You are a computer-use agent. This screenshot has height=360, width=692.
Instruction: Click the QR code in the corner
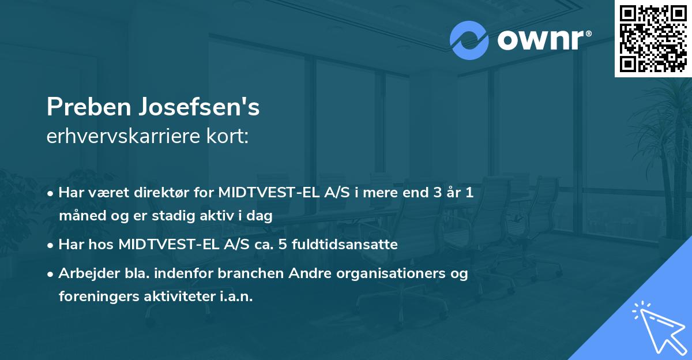pos(653,38)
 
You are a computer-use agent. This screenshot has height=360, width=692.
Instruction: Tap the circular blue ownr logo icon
pos(469,40)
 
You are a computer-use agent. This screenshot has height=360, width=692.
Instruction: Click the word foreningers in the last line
pos(93,297)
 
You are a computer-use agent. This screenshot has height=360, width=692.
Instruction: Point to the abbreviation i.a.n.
pos(236,297)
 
